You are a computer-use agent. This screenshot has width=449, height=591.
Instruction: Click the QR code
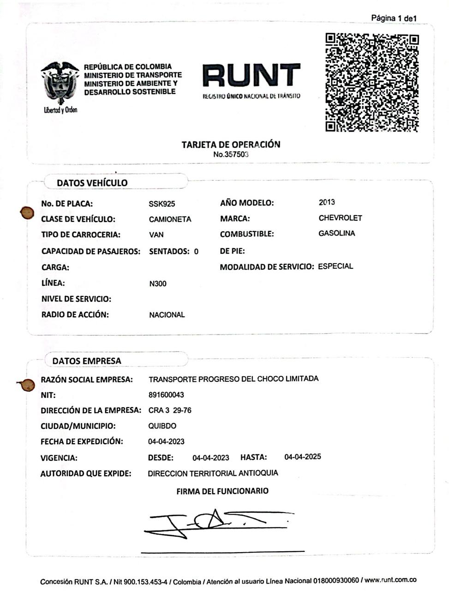click(x=372, y=82)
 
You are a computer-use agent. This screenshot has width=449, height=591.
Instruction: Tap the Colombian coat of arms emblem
click(x=60, y=83)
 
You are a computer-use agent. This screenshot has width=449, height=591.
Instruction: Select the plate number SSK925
click(x=162, y=204)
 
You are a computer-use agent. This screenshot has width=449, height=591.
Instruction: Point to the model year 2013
click(x=327, y=202)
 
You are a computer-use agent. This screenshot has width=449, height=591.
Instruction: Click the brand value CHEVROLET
click(x=340, y=218)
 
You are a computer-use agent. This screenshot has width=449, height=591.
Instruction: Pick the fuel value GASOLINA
click(x=336, y=234)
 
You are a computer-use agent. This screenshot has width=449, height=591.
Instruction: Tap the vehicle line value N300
click(x=158, y=283)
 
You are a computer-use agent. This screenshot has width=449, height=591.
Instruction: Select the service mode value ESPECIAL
click(x=335, y=266)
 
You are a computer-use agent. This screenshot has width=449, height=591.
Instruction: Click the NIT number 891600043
click(x=166, y=395)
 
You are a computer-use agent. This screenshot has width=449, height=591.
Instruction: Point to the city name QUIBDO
click(x=162, y=426)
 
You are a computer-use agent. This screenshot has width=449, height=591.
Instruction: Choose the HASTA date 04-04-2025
click(x=302, y=457)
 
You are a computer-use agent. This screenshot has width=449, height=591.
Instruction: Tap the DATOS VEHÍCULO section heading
click(x=92, y=183)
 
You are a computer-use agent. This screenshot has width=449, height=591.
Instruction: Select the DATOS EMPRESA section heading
click(x=87, y=361)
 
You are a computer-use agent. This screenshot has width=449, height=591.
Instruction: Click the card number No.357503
click(x=231, y=155)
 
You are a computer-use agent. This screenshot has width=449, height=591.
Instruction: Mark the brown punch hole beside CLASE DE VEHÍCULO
click(x=27, y=213)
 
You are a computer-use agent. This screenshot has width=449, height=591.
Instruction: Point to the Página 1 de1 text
click(x=394, y=18)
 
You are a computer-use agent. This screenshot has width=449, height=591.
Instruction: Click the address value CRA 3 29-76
click(x=170, y=410)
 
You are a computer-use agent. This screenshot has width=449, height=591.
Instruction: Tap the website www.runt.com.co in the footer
click(x=390, y=580)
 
